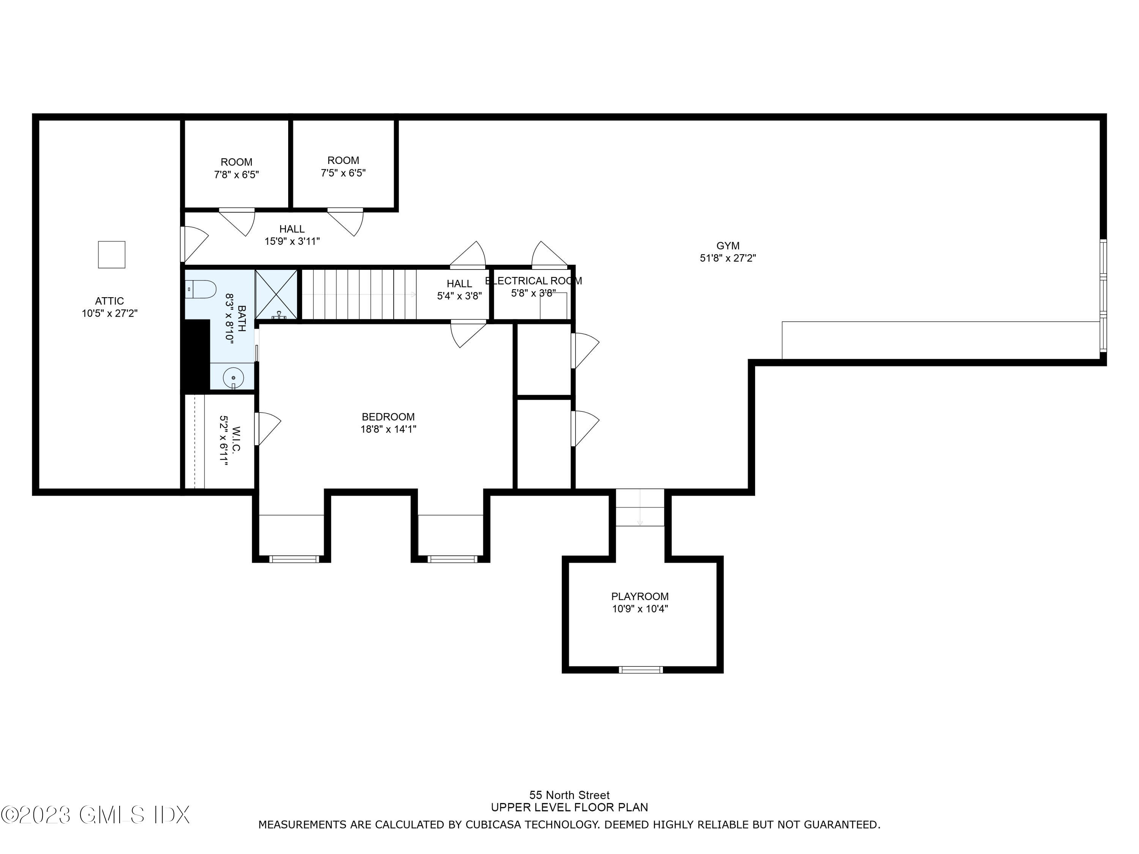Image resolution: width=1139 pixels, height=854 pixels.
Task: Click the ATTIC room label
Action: (x=109, y=301)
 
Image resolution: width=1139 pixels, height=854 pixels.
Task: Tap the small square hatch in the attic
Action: (x=112, y=254)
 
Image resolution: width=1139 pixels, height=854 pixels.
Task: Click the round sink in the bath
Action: (x=233, y=377)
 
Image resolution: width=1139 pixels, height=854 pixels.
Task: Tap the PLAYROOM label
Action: (x=639, y=596)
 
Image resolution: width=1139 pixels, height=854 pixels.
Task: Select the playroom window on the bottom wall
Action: (x=640, y=669)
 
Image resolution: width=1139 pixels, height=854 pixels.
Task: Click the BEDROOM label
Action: (x=388, y=416)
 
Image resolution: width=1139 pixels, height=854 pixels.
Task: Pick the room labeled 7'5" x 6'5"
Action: (x=343, y=167)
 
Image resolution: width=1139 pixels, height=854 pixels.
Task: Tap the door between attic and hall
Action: (x=194, y=244)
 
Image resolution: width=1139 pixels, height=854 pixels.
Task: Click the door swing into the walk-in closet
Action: (x=267, y=428)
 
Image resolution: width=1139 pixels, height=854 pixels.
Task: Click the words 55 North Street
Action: (x=569, y=795)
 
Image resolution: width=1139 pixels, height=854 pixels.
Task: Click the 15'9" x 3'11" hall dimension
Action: (x=292, y=241)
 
